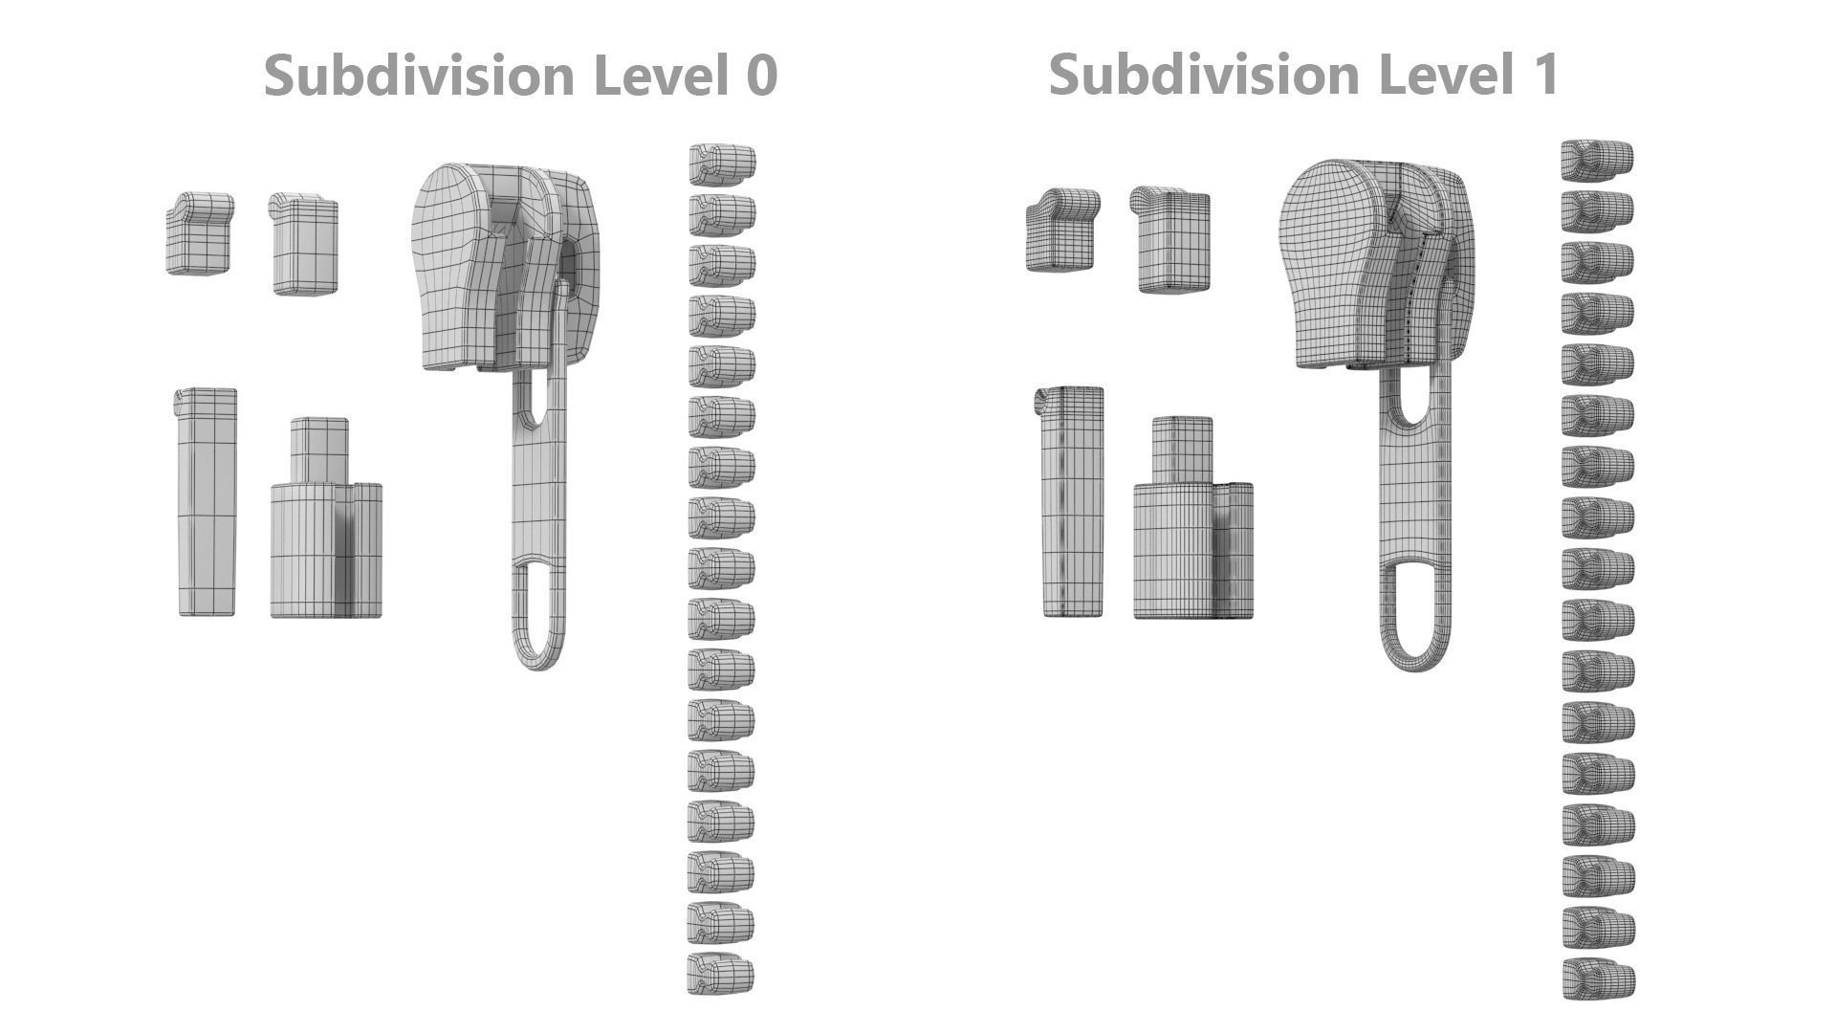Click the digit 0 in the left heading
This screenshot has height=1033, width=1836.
(x=759, y=76)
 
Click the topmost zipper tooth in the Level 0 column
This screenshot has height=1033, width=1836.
(x=722, y=165)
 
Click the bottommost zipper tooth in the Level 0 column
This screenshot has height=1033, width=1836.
(x=720, y=974)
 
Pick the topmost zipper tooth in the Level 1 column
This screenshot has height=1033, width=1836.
(x=1597, y=161)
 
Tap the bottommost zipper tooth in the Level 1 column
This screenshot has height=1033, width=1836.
(x=1598, y=980)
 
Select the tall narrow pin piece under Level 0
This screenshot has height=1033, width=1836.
(x=207, y=502)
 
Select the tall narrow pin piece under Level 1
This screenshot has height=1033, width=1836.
(x=1071, y=502)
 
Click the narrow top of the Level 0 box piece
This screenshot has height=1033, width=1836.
(x=319, y=450)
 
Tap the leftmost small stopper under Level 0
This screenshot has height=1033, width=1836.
(x=199, y=234)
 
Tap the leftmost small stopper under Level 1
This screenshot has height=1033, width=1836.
(x=1060, y=231)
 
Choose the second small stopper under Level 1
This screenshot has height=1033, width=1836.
(x=1172, y=240)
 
